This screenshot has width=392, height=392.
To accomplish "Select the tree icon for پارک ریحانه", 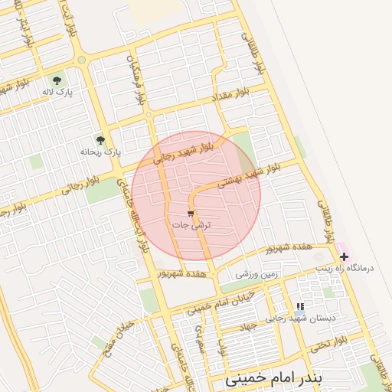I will point(100,140).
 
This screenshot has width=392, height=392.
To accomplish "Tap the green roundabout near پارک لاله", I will point(81,60).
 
